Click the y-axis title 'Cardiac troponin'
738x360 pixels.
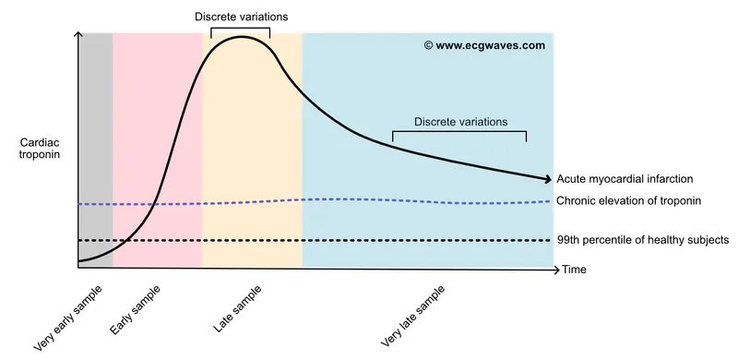coord(40,150)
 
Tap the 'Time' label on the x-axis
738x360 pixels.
coord(574,270)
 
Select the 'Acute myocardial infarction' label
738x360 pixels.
coord(625,179)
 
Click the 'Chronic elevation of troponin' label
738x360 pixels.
coord(629,201)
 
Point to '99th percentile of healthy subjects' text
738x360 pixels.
coord(642,240)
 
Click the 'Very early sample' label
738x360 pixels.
coord(68,318)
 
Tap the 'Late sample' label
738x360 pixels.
coord(237,307)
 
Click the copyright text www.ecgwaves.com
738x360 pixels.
coord(484,44)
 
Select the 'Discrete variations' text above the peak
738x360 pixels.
coord(241,16)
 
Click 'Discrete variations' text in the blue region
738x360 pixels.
coord(459,121)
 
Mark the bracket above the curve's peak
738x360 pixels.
coord(241,30)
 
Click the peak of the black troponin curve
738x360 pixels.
coord(243,38)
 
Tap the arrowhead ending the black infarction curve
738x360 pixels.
coord(546,179)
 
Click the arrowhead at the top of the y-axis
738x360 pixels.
coord(78,37)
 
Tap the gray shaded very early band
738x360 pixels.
coord(95,138)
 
